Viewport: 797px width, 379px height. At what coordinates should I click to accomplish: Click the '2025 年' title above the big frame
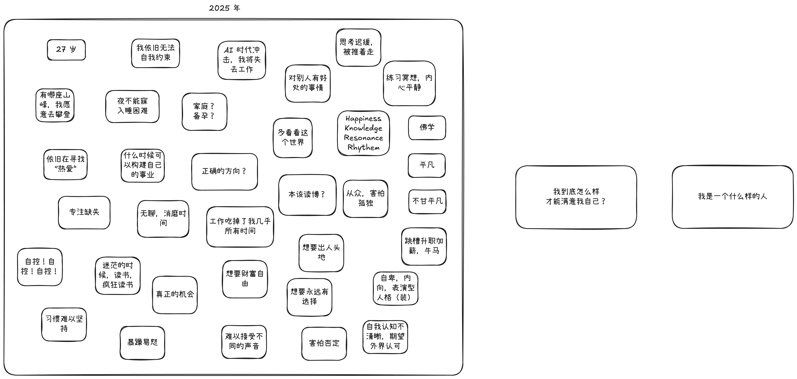click(224, 8)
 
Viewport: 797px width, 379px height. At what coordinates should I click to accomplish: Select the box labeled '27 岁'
click(66, 50)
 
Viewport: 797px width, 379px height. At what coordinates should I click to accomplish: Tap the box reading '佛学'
click(427, 127)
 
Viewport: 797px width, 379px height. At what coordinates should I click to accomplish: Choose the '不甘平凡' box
click(427, 201)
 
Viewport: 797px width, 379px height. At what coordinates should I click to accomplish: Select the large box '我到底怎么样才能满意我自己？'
click(576, 197)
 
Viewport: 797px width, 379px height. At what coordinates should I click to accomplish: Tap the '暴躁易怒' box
click(142, 342)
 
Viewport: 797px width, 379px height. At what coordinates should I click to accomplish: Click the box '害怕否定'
click(324, 343)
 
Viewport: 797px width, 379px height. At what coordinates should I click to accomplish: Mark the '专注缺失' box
click(84, 212)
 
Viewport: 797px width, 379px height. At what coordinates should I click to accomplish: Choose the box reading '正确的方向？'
click(224, 172)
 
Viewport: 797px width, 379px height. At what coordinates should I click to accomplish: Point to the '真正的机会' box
click(175, 294)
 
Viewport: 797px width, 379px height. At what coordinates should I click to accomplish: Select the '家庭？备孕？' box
click(204, 111)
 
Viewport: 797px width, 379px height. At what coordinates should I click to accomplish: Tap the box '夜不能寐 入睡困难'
click(132, 106)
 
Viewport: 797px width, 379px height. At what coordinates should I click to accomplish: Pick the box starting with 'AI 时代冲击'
click(242, 60)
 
